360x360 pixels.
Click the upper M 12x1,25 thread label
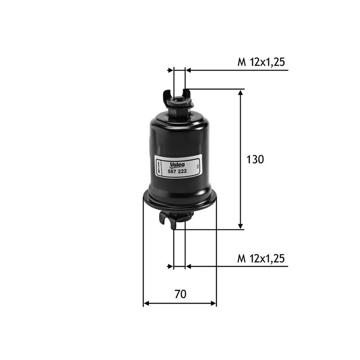point(261,63)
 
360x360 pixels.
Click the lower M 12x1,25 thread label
point(261,259)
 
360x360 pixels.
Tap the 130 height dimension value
point(255,159)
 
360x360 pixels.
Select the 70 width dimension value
point(180,295)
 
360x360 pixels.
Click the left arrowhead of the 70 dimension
point(146,304)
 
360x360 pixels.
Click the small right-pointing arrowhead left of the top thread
point(171,70)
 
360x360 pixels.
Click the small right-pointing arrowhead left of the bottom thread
point(171,266)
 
